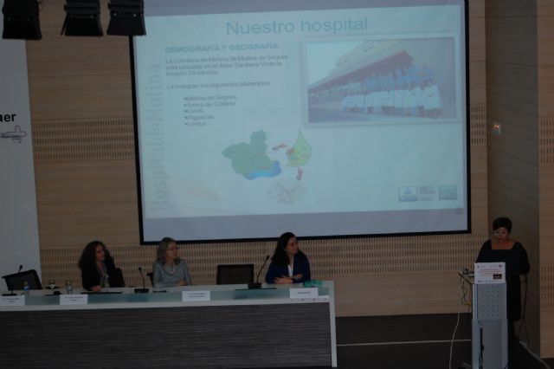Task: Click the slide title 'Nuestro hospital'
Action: point(296,25)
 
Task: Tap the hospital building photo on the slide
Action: point(380,80)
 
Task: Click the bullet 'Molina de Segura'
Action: point(213,97)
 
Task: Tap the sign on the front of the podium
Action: point(489,272)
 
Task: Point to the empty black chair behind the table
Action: point(235,274)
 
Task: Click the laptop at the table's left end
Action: point(22,281)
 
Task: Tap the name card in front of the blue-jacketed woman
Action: point(303,294)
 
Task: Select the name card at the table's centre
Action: point(196,295)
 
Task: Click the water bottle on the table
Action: point(68,286)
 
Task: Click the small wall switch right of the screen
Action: point(497,128)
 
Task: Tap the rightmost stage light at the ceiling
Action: point(126,16)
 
